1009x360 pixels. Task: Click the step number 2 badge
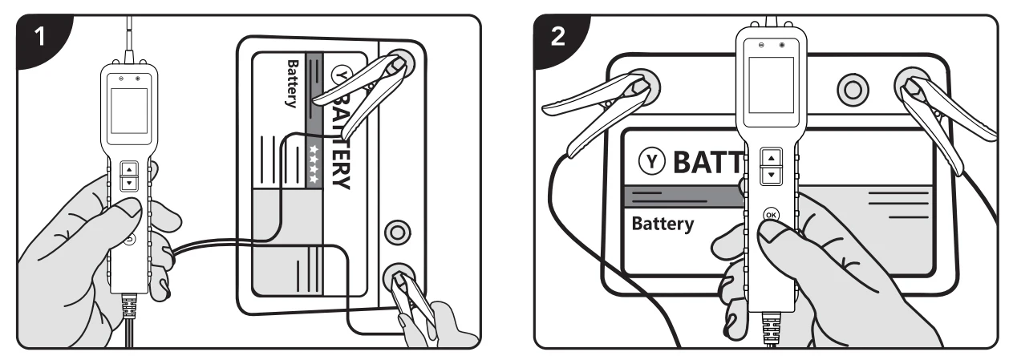click(x=558, y=37)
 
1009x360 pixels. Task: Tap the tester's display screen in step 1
click(x=129, y=111)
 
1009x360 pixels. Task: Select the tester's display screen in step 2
click(x=771, y=85)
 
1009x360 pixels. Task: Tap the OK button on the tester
click(x=771, y=215)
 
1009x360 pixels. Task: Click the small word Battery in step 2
click(x=663, y=224)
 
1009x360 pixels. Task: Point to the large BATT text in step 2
click(x=707, y=162)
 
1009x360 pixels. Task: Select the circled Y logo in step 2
click(x=652, y=161)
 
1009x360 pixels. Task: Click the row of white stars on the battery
click(x=314, y=164)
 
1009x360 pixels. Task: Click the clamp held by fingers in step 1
click(x=410, y=297)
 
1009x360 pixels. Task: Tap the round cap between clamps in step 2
click(x=853, y=90)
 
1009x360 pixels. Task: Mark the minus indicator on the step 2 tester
click(x=761, y=45)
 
